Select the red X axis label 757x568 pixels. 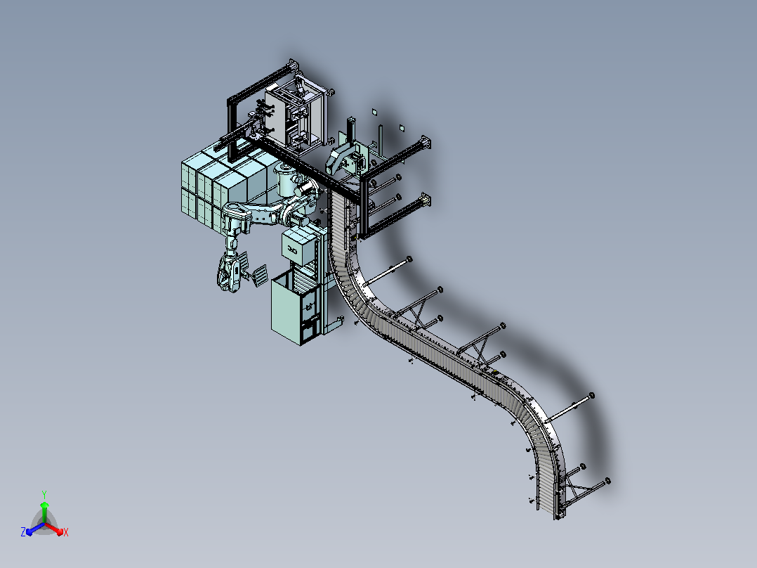pyautogui.click(x=66, y=532)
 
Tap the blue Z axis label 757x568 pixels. pyautogui.click(x=23, y=531)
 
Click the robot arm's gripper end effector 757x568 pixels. pyautogui.click(x=230, y=273)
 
